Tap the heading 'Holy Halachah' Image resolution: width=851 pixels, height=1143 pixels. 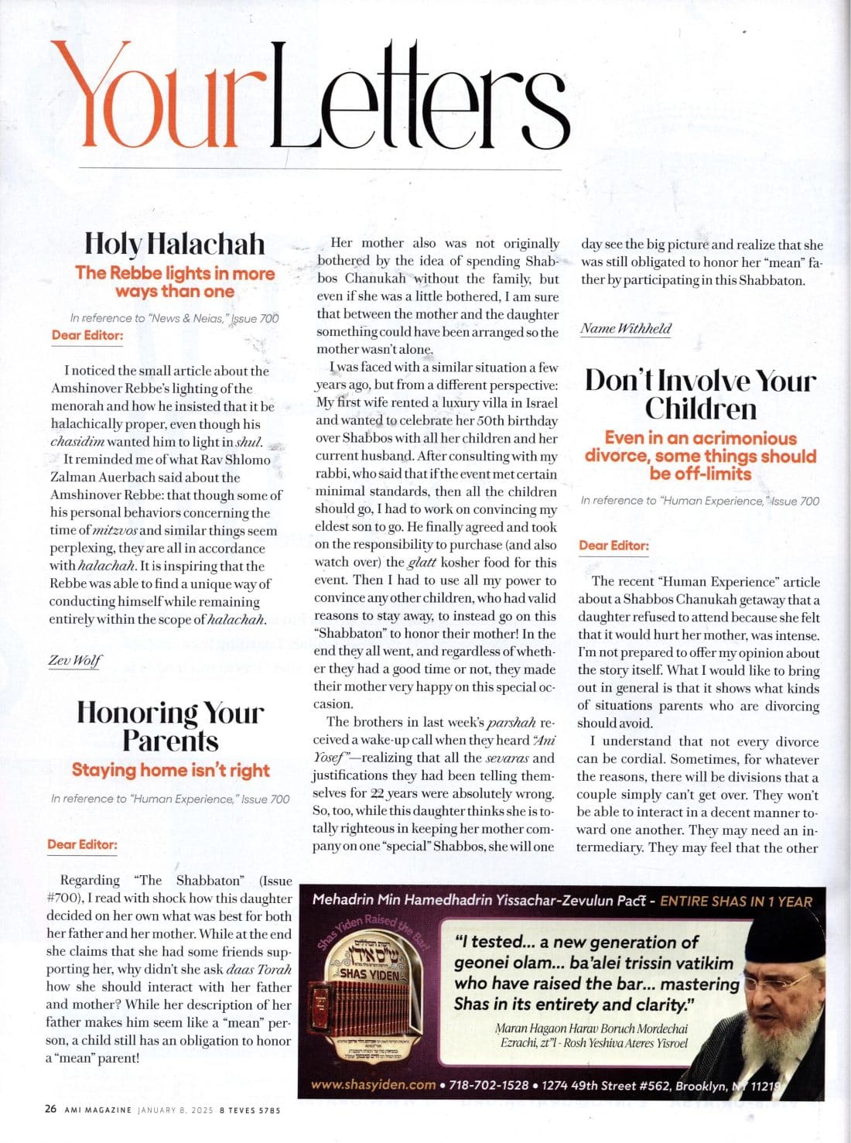tap(174, 244)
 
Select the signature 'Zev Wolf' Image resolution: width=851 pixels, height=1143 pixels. tap(75, 661)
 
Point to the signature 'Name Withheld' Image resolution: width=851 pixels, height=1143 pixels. tap(626, 328)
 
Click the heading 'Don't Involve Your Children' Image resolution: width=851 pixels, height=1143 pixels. tap(700, 395)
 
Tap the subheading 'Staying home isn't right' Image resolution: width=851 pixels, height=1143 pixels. tap(170, 770)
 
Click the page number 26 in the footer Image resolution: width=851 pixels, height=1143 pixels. tap(50, 1109)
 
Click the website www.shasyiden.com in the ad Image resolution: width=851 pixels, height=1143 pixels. tap(374, 1085)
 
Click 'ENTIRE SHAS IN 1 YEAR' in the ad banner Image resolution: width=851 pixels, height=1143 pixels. tap(736, 901)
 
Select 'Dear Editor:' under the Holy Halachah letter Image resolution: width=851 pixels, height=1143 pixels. tap(87, 335)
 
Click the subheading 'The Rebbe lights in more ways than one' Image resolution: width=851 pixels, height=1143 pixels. tap(175, 282)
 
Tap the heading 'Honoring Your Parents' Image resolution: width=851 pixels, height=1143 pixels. tap(170, 726)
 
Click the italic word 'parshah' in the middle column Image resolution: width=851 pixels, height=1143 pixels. tap(511, 722)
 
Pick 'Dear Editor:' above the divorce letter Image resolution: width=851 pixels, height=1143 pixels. tap(613, 546)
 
